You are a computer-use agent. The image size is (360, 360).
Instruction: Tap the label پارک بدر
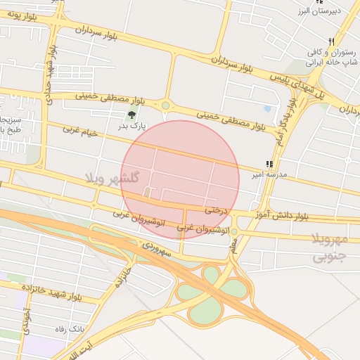click(x=131, y=127)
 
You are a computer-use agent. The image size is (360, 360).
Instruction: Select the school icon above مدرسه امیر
click(x=269, y=165)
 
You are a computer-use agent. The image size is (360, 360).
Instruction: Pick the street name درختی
click(x=217, y=210)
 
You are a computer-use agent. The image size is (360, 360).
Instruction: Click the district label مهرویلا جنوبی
click(x=329, y=248)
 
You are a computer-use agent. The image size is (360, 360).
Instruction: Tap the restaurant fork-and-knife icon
click(x=330, y=41)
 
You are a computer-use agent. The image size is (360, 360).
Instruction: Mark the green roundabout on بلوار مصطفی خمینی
click(x=165, y=106)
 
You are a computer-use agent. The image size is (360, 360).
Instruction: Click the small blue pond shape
click(x=267, y=109)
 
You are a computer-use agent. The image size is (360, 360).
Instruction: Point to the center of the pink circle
click(x=180, y=179)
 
